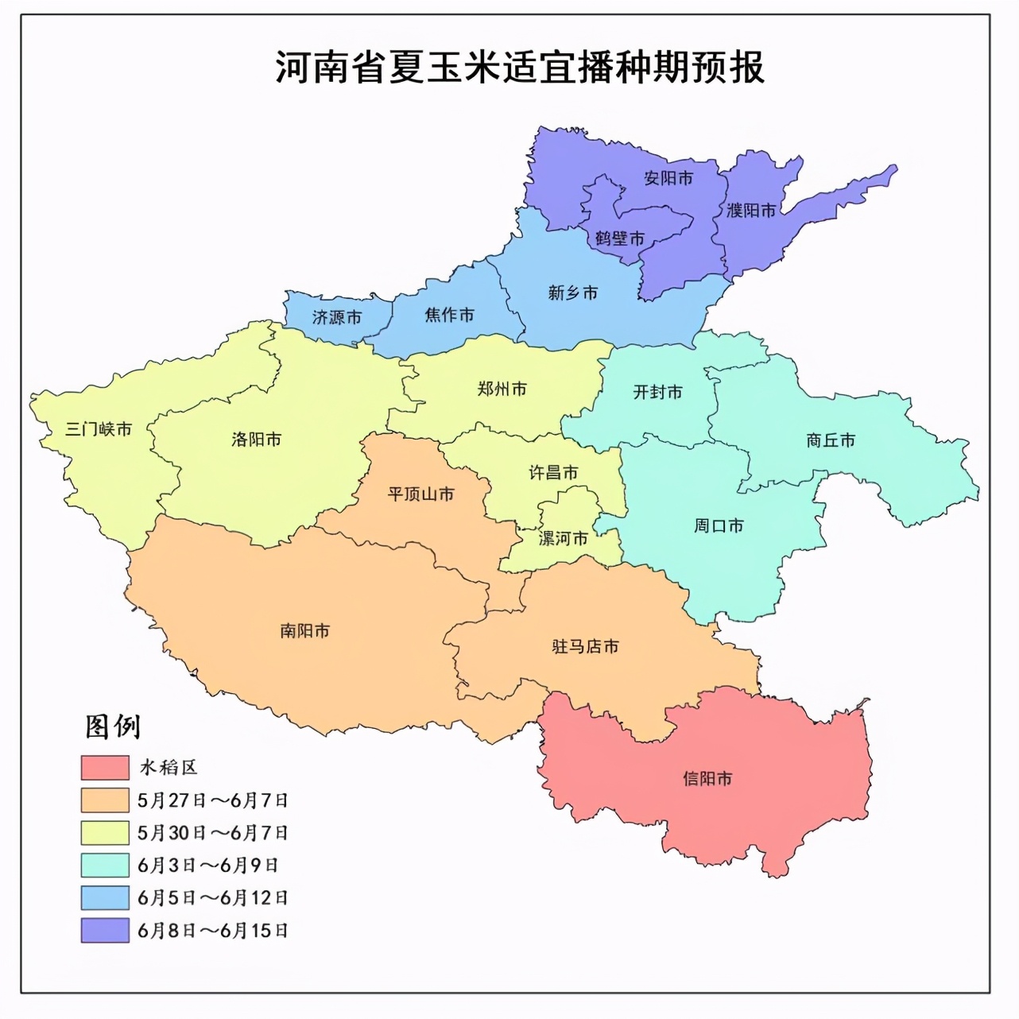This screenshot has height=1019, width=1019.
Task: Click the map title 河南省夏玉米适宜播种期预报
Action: click(520, 67)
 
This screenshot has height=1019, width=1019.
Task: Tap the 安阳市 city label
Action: click(668, 178)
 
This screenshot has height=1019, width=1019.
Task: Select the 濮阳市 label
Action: click(751, 211)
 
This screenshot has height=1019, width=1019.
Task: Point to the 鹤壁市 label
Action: click(620, 238)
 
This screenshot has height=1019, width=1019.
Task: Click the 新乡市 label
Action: click(572, 293)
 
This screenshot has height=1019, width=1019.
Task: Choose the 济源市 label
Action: click(337, 318)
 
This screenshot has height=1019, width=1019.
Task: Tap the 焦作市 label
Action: click(449, 316)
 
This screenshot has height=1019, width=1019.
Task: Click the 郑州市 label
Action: click(502, 389)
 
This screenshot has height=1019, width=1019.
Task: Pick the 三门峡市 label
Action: click(99, 430)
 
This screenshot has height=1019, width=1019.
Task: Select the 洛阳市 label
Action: click(256, 440)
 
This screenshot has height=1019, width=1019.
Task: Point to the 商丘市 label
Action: click(831, 440)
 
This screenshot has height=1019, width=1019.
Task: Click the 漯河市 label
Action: click(564, 539)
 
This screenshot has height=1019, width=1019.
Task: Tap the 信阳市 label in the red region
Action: click(707, 779)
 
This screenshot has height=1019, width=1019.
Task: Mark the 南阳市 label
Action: click(304, 631)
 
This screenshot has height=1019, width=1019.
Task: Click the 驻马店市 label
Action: click(585, 647)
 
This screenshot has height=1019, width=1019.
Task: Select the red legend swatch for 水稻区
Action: click(105, 768)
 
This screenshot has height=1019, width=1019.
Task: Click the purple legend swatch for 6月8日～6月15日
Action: click(105, 931)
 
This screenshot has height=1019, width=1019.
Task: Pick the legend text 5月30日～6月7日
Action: click(212, 833)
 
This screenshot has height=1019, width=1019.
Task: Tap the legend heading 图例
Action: click(113, 726)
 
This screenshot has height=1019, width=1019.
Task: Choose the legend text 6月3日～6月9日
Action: click(207, 866)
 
